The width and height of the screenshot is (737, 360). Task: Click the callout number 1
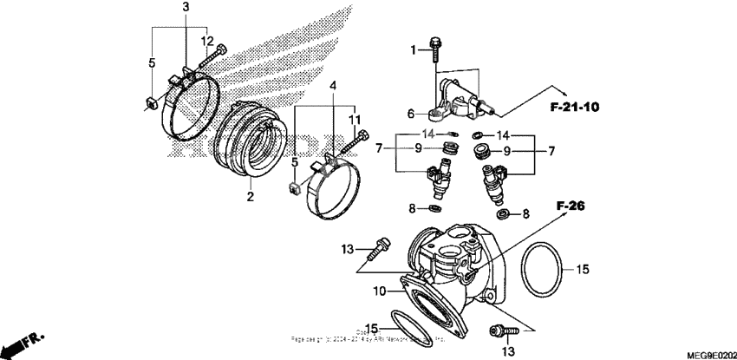coord(414,49)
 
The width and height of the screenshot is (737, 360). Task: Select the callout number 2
coord(250,198)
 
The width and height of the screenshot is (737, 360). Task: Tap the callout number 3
coord(185,8)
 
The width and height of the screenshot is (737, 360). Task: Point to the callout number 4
coord(333,85)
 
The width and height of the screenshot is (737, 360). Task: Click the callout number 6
coord(413,113)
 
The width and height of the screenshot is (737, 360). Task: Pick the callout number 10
coord(378,293)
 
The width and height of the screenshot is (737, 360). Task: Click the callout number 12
coord(208,42)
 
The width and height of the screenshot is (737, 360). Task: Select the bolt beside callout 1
coord(434,49)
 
